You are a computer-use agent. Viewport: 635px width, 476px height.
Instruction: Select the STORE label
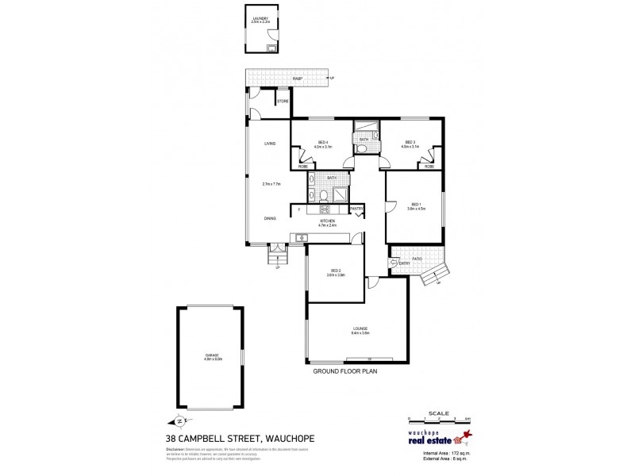tap(282, 102)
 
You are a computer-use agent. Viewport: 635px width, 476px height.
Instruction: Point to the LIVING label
tap(270, 143)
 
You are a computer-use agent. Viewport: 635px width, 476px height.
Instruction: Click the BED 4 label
tap(322, 143)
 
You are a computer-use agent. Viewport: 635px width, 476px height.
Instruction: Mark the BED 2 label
tap(336, 271)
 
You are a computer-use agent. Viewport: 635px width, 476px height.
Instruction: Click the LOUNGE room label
tap(360, 328)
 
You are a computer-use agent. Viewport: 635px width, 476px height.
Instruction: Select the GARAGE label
tap(210, 355)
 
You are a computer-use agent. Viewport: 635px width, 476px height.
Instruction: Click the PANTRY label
tap(356, 209)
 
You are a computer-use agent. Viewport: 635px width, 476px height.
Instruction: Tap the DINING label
tap(270, 218)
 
